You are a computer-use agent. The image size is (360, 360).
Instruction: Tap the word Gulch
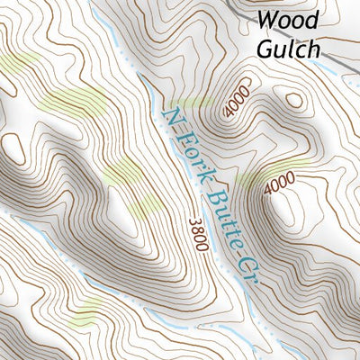point(288,48)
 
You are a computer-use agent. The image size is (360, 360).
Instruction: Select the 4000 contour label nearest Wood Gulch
point(238,104)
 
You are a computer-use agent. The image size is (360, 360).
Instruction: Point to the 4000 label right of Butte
point(280,184)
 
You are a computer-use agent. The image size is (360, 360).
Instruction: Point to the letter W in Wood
point(267,20)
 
